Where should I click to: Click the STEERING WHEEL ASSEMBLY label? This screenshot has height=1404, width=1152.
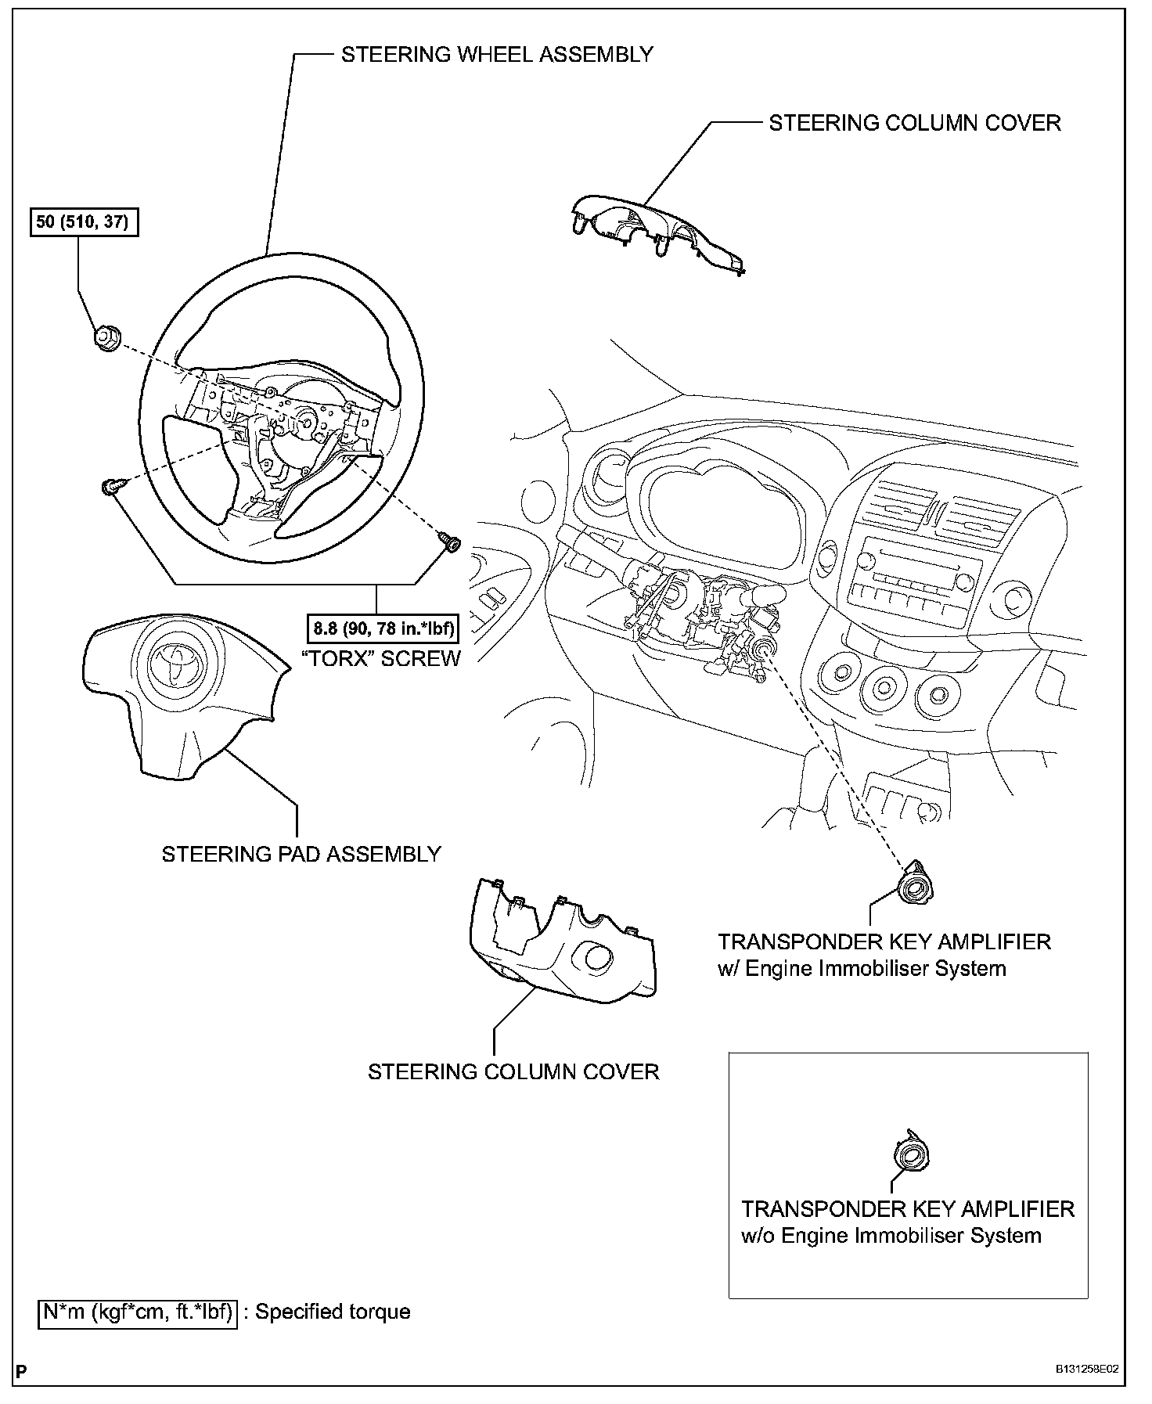pyautogui.click(x=496, y=54)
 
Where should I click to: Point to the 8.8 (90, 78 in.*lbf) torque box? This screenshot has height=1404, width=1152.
pyautogui.click(x=383, y=627)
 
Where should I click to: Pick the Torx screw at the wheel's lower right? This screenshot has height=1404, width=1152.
pyautogui.click(x=451, y=541)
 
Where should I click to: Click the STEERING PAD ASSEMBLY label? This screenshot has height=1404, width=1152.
pyautogui.click(x=301, y=854)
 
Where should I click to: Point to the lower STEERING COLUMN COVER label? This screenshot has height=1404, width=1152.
pyautogui.click(x=513, y=1071)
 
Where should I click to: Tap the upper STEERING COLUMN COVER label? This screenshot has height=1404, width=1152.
pyautogui.click(x=914, y=123)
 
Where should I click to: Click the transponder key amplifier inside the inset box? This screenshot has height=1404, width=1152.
pyautogui.click(x=911, y=1154)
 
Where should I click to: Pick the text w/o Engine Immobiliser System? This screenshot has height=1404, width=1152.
pyautogui.click(x=891, y=1236)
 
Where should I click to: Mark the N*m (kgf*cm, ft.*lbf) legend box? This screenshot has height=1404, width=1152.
pyautogui.click(x=137, y=1311)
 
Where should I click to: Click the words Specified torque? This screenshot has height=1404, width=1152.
pyautogui.click(x=333, y=1311)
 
